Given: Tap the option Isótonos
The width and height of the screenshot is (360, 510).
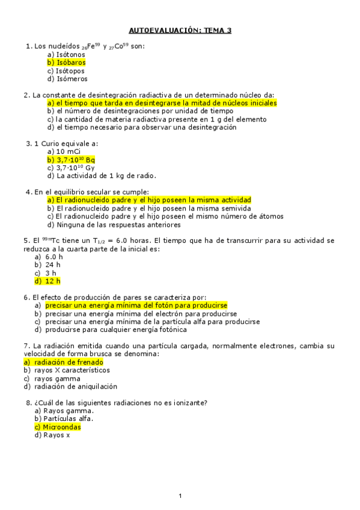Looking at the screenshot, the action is (66, 54).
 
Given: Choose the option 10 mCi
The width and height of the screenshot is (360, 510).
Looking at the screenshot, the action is (63, 152).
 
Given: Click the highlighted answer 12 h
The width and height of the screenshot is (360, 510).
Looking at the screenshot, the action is (48, 281).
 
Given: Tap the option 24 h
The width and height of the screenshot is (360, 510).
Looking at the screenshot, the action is (48, 265).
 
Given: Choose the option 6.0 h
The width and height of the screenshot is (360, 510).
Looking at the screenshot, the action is (49, 257).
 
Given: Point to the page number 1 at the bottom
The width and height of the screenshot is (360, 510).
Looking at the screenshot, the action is (180, 495).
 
